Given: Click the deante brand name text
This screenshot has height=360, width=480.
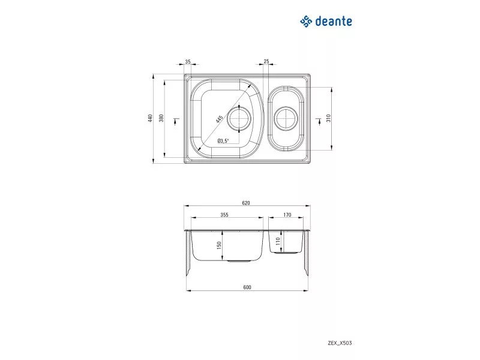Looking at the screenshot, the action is click(x=334, y=21).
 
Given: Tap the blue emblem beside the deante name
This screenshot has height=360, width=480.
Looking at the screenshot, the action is click(x=306, y=22).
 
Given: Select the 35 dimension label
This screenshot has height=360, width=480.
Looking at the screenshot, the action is click(x=188, y=62).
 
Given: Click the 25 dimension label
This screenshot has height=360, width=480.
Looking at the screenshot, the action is click(x=266, y=61).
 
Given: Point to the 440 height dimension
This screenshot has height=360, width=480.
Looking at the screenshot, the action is click(x=150, y=118).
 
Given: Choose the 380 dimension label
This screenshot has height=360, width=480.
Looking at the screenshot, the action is click(x=161, y=118).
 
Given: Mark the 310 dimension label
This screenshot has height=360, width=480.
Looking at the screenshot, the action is click(x=328, y=118).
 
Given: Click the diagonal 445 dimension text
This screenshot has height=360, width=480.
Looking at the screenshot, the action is click(x=219, y=119).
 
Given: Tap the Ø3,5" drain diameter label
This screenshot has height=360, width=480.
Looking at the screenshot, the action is click(x=223, y=141).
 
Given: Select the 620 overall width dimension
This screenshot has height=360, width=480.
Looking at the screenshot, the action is click(x=246, y=203).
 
